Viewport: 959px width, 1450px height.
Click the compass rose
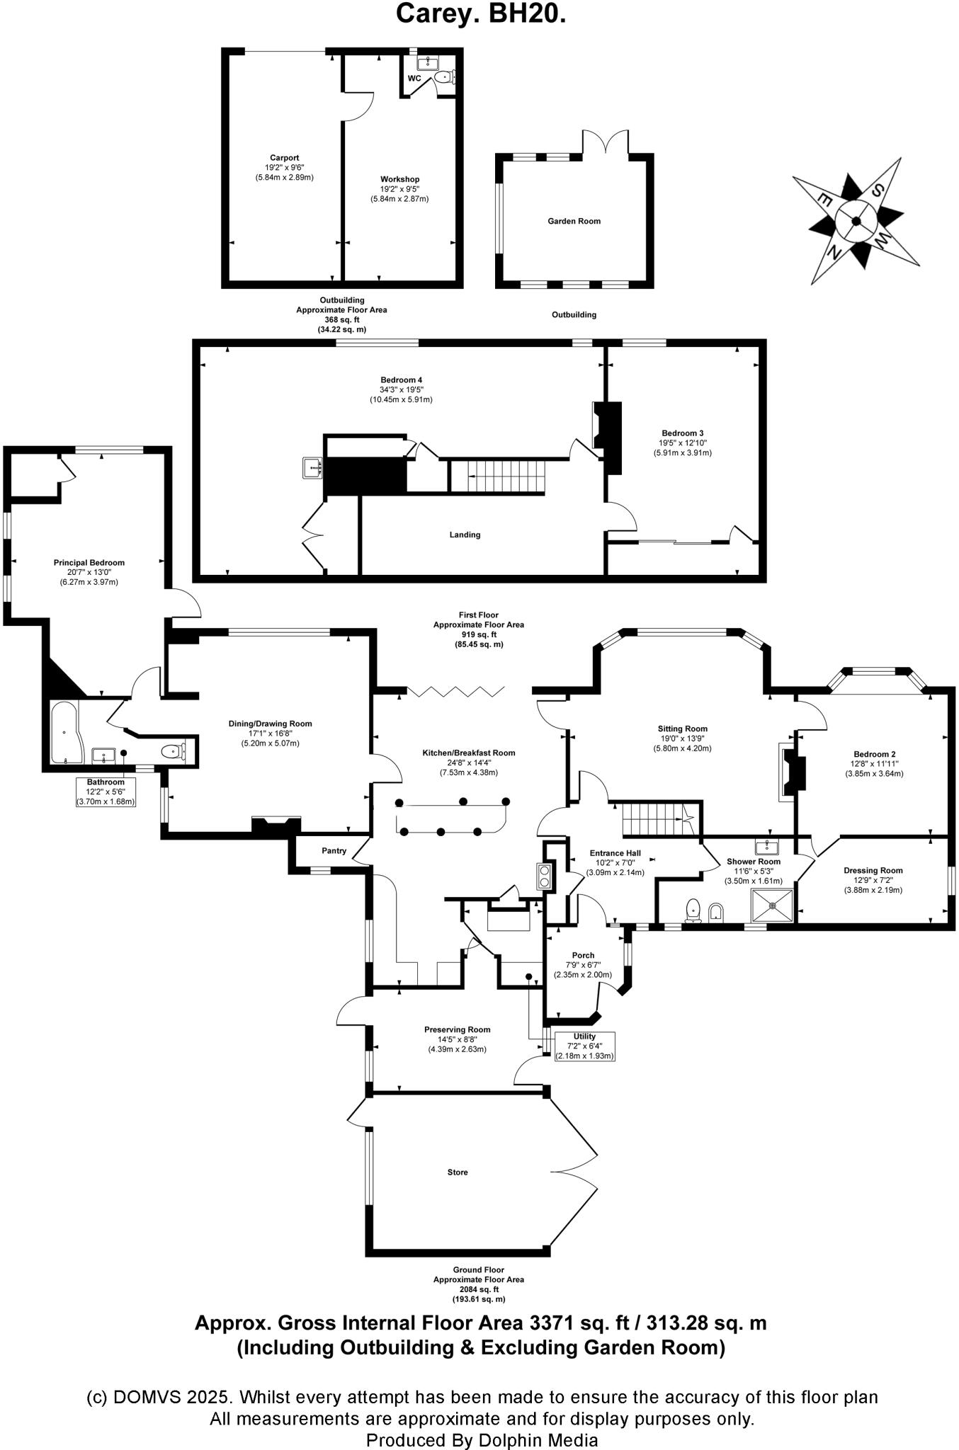pyautogui.click(x=856, y=221)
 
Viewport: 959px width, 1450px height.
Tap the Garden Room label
pyautogui.click(x=574, y=221)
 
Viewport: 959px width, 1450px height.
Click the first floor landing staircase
pyautogui.click(x=498, y=475)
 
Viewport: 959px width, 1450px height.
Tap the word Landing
pyautogui.click(x=465, y=535)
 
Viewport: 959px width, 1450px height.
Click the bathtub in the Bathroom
pyautogui.click(x=66, y=733)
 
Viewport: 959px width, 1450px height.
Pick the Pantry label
pyautogui.click(x=334, y=850)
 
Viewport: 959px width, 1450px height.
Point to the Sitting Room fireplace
pyautogui.click(x=791, y=772)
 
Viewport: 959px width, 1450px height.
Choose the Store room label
pyautogui.click(x=458, y=1172)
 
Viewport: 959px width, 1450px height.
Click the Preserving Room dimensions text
pyautogui.click(x=457, y=1044)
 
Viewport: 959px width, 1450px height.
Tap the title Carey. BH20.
pyautogui.click(x=480, y=13)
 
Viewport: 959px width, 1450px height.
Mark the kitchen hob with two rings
pyautogui.click(x=544, y=876)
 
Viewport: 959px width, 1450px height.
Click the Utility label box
pyautogui.click(x=584, y=1046)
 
